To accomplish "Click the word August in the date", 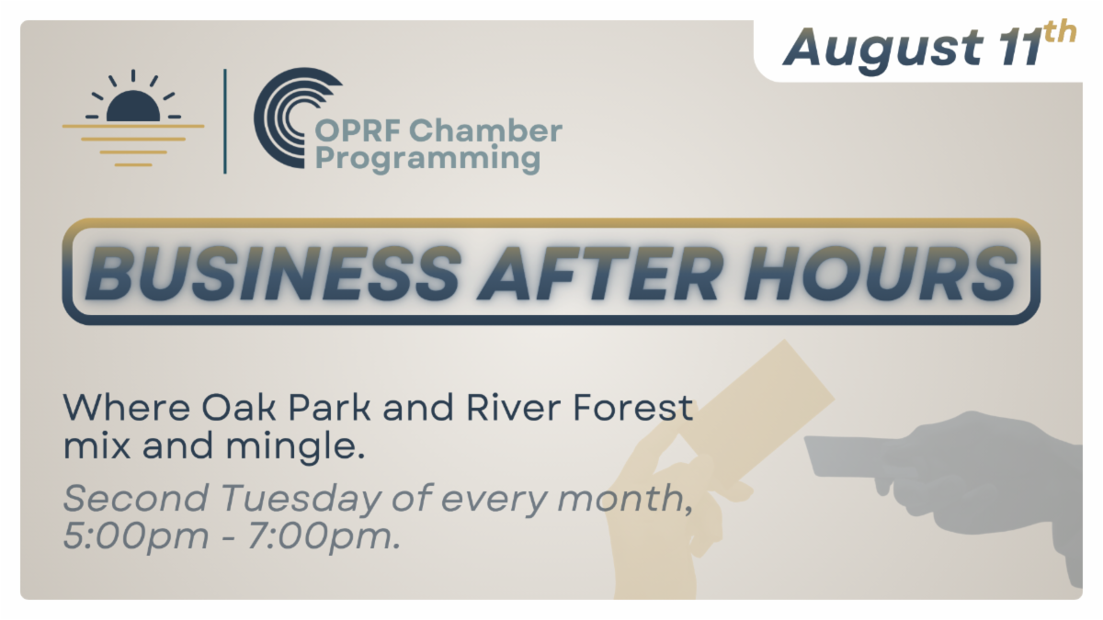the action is (883, 50).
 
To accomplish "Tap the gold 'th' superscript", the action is (1060, 33).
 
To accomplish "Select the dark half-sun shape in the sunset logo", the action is (133, 106).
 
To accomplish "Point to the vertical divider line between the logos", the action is (225, 121).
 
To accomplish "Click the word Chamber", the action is (485, 130).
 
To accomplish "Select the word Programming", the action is (428, 158).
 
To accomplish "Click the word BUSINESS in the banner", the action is (273, 273).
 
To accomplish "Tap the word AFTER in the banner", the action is (597, 273).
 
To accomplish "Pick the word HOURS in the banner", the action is (880, 273).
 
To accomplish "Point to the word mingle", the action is (295, 446).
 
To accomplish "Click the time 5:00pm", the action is (136, 536).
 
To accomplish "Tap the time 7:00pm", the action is (324, 536).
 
